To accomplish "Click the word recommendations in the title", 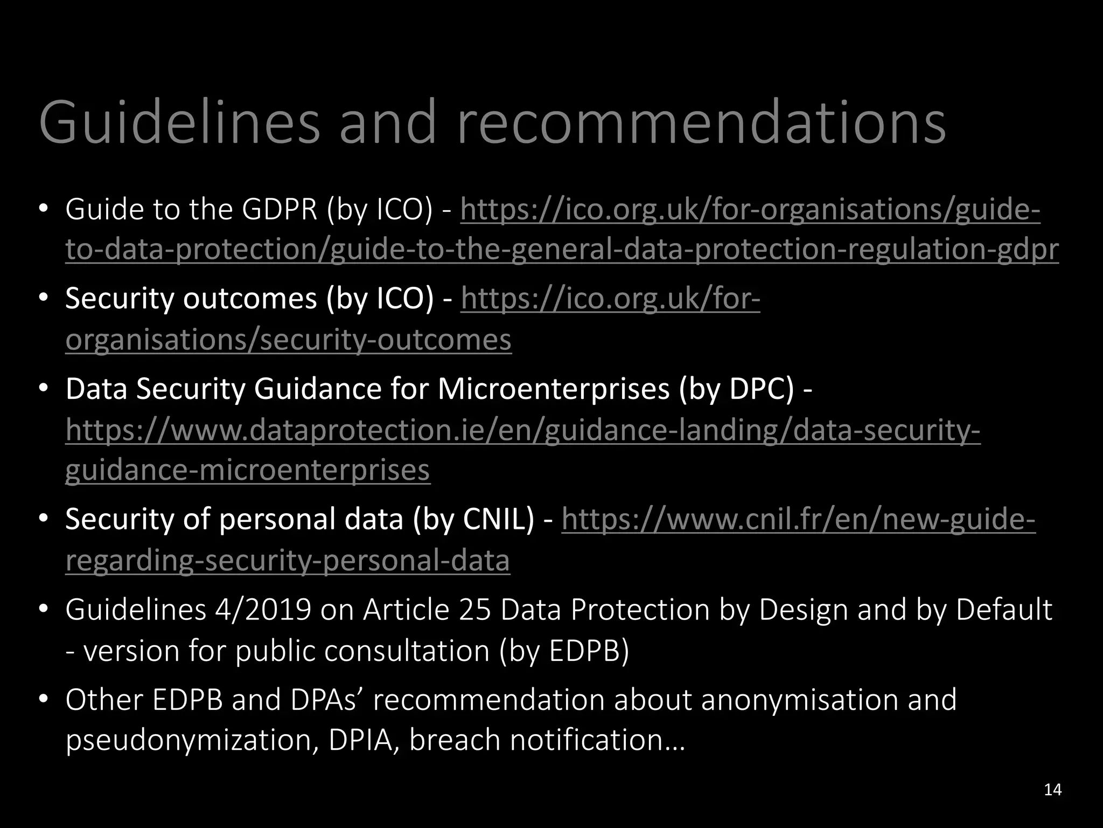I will [x=701, y=123].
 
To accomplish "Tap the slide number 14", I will [x=1052, y=790].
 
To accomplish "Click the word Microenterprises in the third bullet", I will [x=554, y=389].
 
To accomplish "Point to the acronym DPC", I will [x=761, y=389].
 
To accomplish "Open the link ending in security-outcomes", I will [x=288, y=340].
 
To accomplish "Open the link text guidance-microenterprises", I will [x=247, y=470].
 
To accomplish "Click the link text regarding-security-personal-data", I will [x=288, y=561].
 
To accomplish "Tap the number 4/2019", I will [x=263, y=610].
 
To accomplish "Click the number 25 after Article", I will [x=475, y=610].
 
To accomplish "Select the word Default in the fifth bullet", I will [x=1004, y=610].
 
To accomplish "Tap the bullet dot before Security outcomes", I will [x=44, y=298].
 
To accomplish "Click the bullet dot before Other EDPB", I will [x=44, y=700].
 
